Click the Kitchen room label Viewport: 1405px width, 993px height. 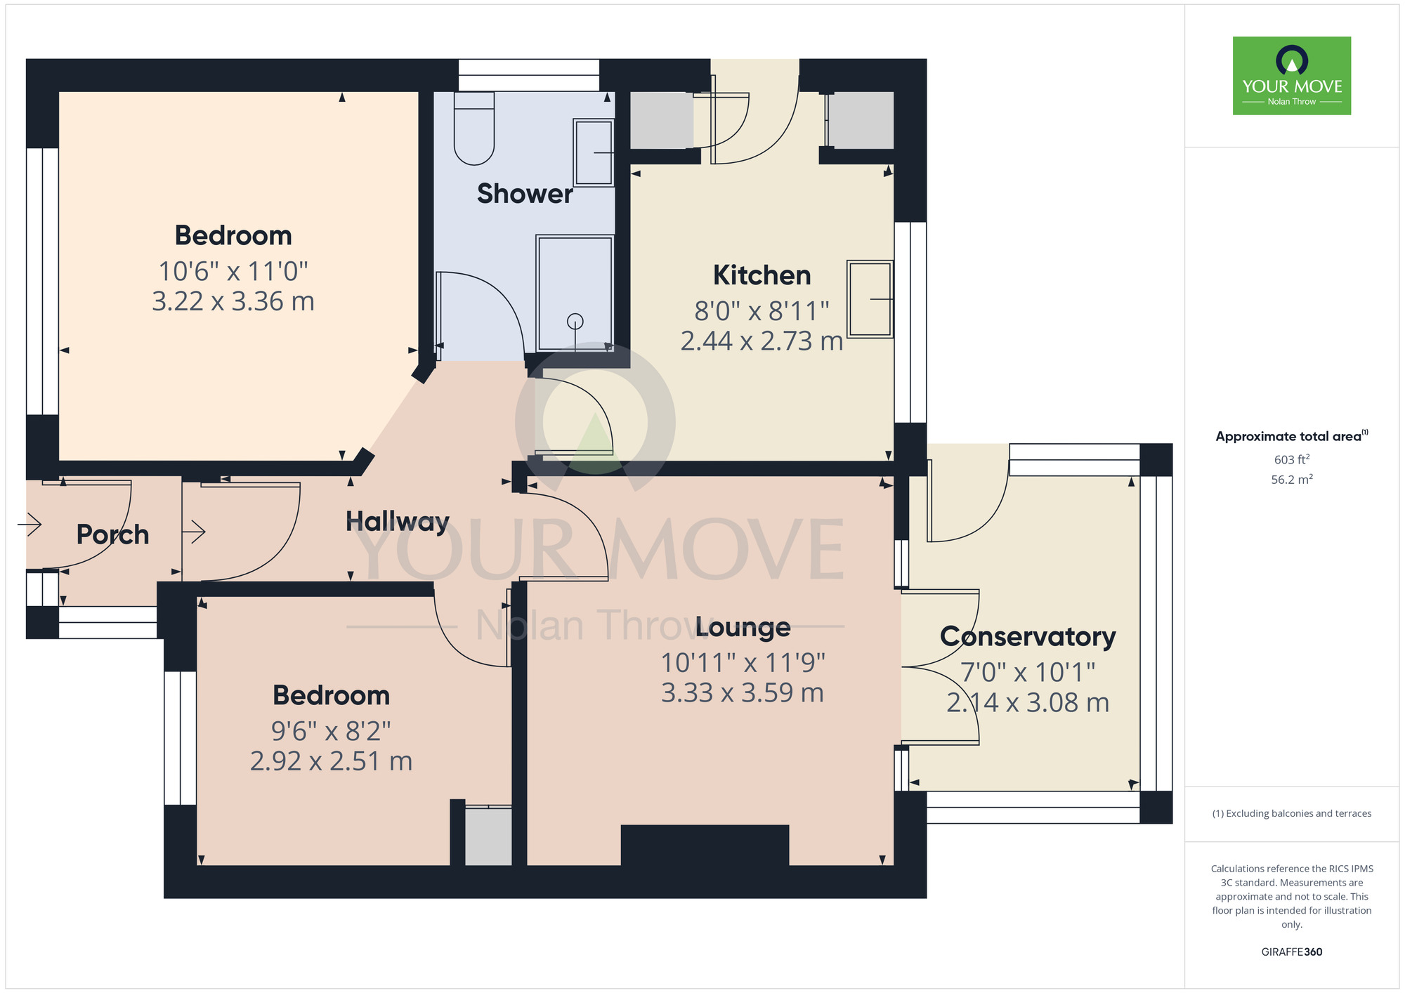(x=762, y=275)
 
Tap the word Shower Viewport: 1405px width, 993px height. (x=525, y=193)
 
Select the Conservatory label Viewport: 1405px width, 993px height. (x=1028, y=636)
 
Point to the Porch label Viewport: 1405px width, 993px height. (x=112, y=534)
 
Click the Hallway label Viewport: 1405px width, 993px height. (x=398, y=521)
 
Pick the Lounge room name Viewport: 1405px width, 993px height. (x=743, y=627)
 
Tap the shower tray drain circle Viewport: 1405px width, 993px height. (x=575, y=322)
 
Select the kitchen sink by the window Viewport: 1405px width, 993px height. (x=870, y=299)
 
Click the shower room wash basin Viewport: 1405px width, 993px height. (x=594, y=152)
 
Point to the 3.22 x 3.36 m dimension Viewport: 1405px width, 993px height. (x=233, y=301)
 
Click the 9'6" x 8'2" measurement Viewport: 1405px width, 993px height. (x=331, y=731)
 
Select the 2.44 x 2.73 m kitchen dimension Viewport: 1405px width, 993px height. (x=762, y=341)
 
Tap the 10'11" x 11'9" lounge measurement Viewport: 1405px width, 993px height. (x=743, y=662)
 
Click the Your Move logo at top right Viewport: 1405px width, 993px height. (x=1292, y=76)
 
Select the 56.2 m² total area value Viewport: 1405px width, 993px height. (x=1292, y=480)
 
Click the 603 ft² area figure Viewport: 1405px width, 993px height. (x=1292, y=460)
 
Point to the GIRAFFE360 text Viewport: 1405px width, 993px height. (x=1292, y=952)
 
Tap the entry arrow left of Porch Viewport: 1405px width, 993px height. (x=32, y=524)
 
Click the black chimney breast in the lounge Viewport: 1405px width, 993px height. (x=705, y=845)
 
